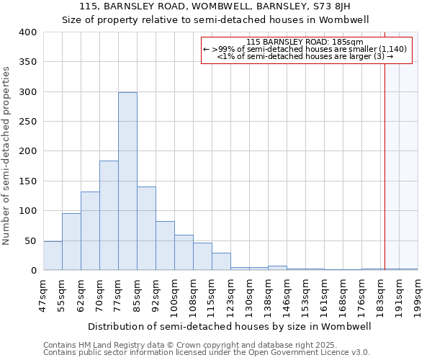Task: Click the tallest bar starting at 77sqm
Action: [x=127, y=181]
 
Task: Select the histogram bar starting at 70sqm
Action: [x=109, y=215]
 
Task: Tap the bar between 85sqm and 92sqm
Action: [x=146, y=228]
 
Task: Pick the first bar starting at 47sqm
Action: [x=53, y=256]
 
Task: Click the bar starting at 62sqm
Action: [x=90, y=231]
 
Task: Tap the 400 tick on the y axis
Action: [x=28, y=32]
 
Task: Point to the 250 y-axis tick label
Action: [x=28, y=122]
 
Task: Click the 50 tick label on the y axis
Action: [x=31, y=240]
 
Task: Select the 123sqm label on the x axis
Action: [x=230, y=295]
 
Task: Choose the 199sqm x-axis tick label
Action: [x=418, y=295]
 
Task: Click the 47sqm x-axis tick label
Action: [x=43, y=295]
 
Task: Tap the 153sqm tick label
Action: [x=305, y=295]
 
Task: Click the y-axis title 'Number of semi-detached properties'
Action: [x=6, y=156]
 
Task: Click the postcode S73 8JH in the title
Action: [x=313, y=6]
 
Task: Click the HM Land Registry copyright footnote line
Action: [x=175, y=345]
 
